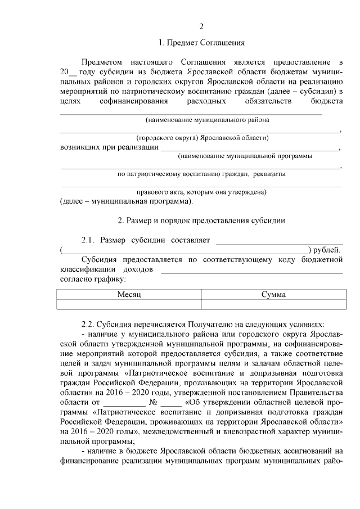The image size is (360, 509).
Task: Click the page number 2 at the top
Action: click(201, 26)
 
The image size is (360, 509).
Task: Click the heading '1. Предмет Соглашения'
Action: click(201, 43)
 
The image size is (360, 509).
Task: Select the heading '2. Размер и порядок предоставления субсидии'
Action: click(201, 221)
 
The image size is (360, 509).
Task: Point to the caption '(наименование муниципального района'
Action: click(207, 120)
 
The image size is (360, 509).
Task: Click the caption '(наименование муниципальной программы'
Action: click(245, 156)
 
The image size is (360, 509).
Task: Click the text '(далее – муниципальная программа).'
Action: click(126, 201)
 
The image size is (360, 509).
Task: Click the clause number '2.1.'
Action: click(89, 241)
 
